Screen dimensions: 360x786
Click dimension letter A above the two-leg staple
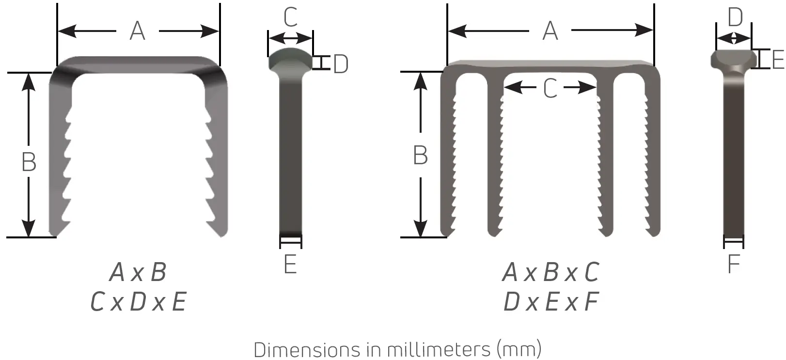coord(138,31)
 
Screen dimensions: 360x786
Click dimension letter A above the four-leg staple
coord(550,31)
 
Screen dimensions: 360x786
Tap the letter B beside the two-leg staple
coord(29,162)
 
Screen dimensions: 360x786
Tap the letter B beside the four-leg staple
coord(420,156)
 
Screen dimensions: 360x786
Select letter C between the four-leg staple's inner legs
coord(550,89)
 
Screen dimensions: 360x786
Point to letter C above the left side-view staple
coord(290,18)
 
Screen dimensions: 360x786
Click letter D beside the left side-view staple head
coord(341,64)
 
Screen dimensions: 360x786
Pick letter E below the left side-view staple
coord(290,265)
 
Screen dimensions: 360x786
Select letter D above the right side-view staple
coord(735,18)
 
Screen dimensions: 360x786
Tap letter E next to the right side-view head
coord(777,60)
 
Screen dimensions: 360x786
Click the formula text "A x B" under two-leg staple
coord(138,272)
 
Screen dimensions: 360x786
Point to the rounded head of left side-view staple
coord(290,57)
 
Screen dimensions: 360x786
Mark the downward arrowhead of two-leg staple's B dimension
coord(29,228)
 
